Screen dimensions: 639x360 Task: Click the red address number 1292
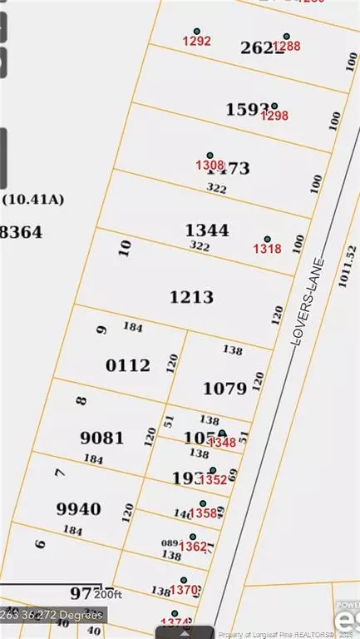pyautogui.click(x=197, y=40)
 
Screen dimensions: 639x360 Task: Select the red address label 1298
pyautogui.click(x=274, y=116)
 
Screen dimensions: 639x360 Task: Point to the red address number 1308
pyautogui.click(x=208, y=165)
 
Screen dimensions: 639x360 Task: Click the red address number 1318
pyautogui.click(x=268, y=248)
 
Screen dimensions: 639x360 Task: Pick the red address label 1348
pyautogui.click(x=222, y=443)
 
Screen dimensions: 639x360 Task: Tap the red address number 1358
pyautogui.click(x=203, y=513)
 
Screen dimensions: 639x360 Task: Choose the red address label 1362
pyautogui.click(x=194, y=547)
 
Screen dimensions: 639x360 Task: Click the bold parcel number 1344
pyautogui.click(x=207, y=230)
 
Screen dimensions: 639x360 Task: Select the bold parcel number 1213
pyautogui.click(x=192, y=297)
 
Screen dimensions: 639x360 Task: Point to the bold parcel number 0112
pyautogui.click(x=128, y=364)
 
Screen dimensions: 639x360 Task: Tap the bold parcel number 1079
pyautogui.click(x=225, y=388)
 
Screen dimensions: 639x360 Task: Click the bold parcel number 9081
pyautogui.click(x=103, y=438)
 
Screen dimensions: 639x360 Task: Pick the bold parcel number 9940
pyautogui.click(x=79, y=508)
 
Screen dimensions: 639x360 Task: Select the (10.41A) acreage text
pyautogui.click(x=34, y=200)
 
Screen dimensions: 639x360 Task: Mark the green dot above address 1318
pyautogui.click(x=267, y=239)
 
